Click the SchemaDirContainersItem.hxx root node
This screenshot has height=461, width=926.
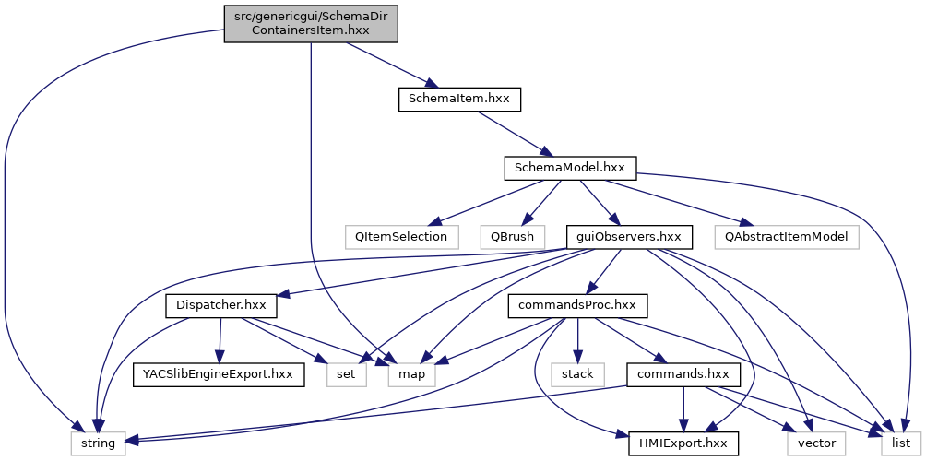point(310,21)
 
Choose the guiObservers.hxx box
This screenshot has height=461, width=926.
point(628,236)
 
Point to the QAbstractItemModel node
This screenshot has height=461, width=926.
point(786,236)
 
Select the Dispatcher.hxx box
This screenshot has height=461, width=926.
point(221,305)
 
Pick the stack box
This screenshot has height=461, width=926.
point(577,374)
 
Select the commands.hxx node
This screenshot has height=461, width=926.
point(683,374)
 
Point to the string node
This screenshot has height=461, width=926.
point(99,443)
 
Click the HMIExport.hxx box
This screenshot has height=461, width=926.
point(683,443)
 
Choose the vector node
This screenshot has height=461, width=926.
point(815,443)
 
